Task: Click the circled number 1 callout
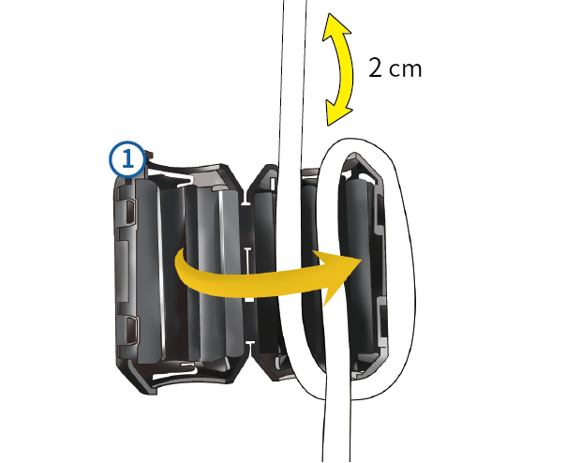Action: (x=127, y=159)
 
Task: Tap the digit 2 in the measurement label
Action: (x=376, y=67)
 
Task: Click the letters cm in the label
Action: (x=406, y=70)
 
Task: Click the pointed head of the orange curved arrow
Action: (x=339, y=276)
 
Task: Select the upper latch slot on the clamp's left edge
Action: (x=130, y=211)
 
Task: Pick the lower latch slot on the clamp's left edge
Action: (x=131, y=329)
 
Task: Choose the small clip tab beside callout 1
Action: (x=149, y=156)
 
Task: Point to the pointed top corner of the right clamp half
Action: (x=354, y=156)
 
